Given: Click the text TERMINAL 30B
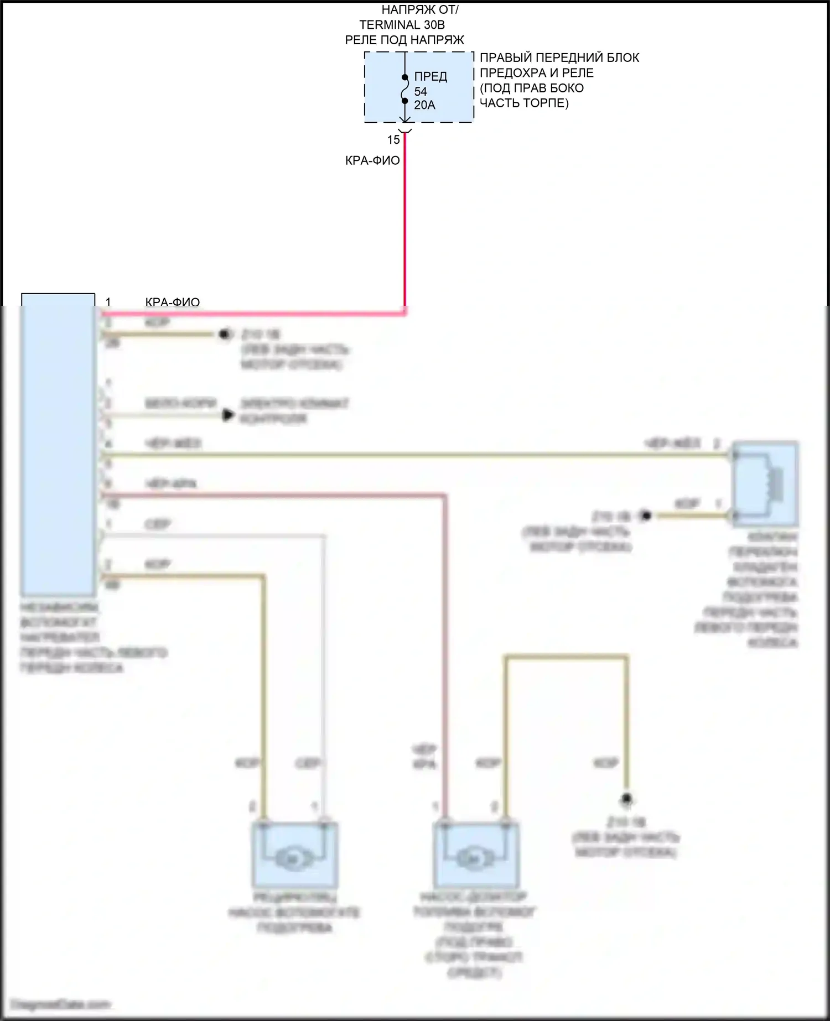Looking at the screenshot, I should (402, 25).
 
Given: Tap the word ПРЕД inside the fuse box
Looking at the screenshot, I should (430, 77).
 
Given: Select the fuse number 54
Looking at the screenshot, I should (421, 92).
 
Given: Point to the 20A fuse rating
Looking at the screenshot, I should (424, 105).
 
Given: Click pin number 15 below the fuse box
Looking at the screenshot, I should (393, 140).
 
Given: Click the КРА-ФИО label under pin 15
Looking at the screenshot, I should (372, 161).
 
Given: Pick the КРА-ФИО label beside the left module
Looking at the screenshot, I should (172, 302).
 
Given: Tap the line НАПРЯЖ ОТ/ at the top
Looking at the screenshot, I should (420, 10).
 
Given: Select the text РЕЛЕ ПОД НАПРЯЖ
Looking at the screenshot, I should (404, 40).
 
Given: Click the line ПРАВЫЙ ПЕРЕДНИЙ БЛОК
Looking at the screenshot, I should (559, 58).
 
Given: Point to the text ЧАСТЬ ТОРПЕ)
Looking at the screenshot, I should (524, 103).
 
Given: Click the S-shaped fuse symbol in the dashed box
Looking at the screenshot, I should (405, 89).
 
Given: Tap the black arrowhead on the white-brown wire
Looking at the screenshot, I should (227, 415).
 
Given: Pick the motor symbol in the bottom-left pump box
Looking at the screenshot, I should (292, 859).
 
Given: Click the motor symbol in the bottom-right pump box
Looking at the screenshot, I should (474, 859).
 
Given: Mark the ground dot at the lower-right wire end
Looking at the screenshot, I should (626, 799).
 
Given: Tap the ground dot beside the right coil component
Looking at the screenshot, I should (645, 516).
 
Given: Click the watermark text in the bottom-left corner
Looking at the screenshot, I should (61, 1004).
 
